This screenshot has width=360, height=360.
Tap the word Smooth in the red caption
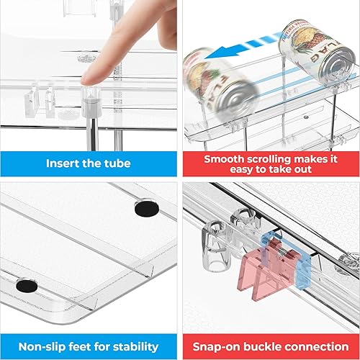(x=226, y=158)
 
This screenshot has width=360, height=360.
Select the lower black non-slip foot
(x=27, y=284)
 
